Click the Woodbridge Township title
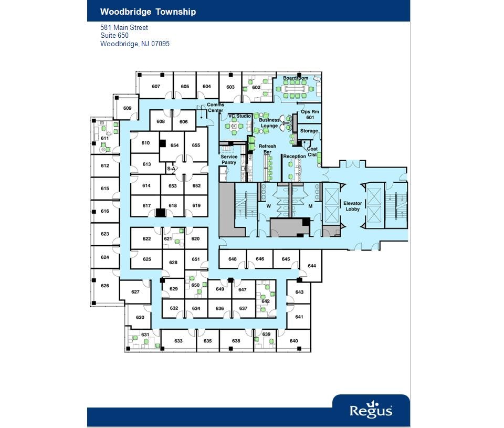(148, 12)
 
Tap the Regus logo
(371, 410)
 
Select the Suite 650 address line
(114, 36)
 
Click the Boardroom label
(296, 78)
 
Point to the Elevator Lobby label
(352, 206)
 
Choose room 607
(156, 87)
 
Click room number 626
(105, 286)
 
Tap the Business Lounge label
(269, 123)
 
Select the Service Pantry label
(229, 160)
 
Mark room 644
(312, 266)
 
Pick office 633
(178, 341)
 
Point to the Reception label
(294, 156)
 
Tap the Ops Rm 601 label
(310, 114)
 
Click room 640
(294, 341)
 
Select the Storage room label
(309, 131)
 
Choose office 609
(128, 108)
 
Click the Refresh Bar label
(267, 149)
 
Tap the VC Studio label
(239, 116)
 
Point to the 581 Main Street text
(124, 27)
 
